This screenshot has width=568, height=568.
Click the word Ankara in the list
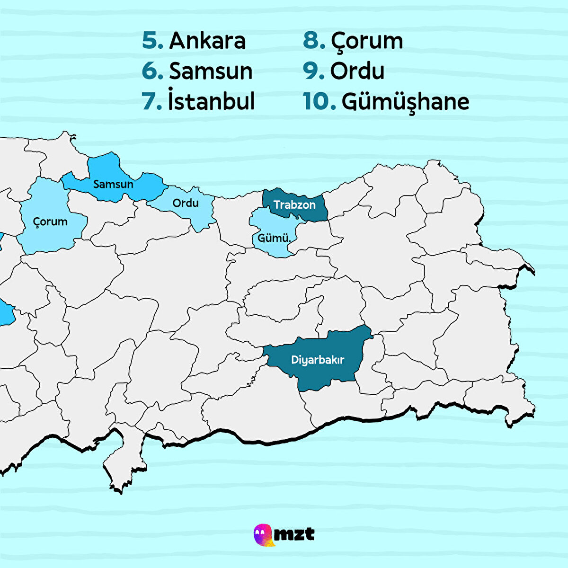[207, 41]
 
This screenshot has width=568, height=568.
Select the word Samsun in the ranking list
[211, 71]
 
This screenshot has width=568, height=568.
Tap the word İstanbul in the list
[211, 101]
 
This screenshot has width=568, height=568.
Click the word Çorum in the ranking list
[367, 41]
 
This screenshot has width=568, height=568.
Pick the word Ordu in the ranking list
[357, 71]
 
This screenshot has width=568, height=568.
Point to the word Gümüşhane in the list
[405, 101]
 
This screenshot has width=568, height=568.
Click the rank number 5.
[152, 41]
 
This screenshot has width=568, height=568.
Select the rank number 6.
[152, 71]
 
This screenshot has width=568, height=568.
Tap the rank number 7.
[152, 101]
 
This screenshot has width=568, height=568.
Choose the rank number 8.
[314, 41]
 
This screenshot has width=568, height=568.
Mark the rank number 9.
[314, 71]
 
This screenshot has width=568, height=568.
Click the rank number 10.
[319, 101]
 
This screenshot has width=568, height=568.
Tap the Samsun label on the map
[113, 184]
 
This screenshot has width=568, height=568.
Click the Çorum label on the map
[50, 222]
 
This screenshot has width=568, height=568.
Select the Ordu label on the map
[186, 203]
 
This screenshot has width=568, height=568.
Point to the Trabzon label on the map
[294, 205]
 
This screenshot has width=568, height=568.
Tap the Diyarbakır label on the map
[318, 360]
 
